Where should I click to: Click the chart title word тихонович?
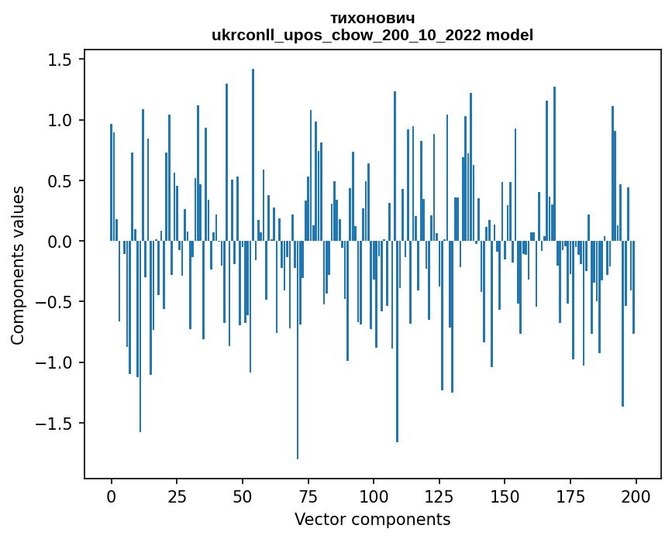coord(372,19)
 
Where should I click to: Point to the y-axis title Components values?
coord(18,265)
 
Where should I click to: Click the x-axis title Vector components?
coord(372,519)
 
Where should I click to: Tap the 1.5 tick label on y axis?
coord(60,60)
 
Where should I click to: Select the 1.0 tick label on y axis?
coord(60,121)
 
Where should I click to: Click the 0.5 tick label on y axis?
coord(60,181)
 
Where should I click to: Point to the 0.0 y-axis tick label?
coord(60,242)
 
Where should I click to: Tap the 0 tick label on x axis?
coord(111,495)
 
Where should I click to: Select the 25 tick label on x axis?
coord(177,495)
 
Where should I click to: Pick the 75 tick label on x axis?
coord(308,495)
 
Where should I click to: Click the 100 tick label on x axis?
coord(374,495)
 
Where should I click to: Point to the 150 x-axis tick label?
coord(505,495)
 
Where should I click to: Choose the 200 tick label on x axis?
coord(636,495)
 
